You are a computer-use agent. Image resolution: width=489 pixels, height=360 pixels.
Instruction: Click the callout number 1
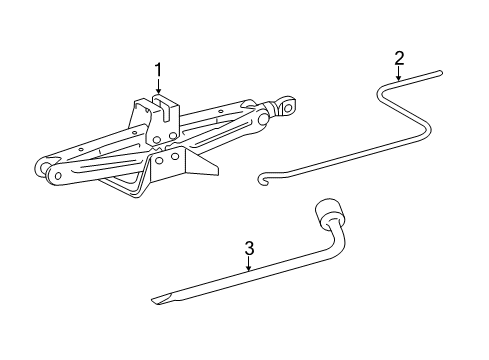(157, 69)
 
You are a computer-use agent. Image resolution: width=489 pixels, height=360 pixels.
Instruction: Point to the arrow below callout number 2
(399, 75)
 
